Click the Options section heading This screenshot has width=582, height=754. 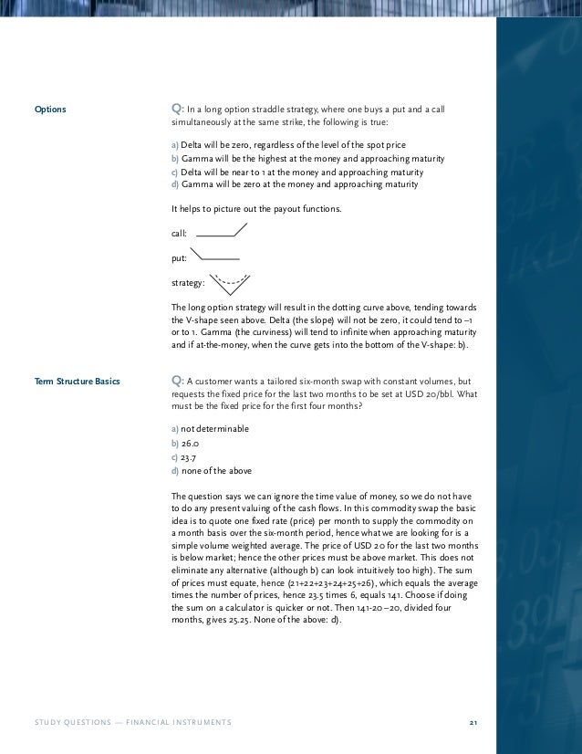[50, 110]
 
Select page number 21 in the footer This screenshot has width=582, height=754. [473, 723]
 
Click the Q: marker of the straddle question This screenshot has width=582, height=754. [178, 110]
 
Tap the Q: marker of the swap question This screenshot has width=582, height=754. [178, 380]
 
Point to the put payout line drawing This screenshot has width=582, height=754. [218, 256]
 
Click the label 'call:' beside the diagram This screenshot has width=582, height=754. [179, 234]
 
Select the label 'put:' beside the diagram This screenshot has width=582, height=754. [179, 258]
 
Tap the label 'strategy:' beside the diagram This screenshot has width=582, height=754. [188, 284]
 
